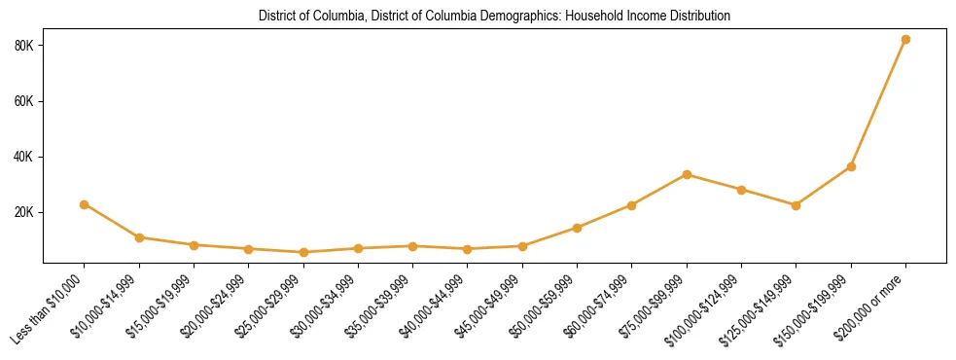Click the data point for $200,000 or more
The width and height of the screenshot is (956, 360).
click(905, 40)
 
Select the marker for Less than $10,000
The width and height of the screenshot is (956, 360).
click(85, 204)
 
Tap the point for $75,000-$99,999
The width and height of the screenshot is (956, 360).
click(687, 175)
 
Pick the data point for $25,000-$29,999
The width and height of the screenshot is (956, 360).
click(303, 252)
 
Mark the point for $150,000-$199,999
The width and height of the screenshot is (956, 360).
click(851, 166)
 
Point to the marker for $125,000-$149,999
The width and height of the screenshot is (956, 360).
click(796, 205)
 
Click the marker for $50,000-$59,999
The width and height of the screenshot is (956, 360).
click(577, 228)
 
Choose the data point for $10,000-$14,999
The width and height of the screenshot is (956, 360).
click(139, 237)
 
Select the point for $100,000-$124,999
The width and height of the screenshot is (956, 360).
click(741, 190)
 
